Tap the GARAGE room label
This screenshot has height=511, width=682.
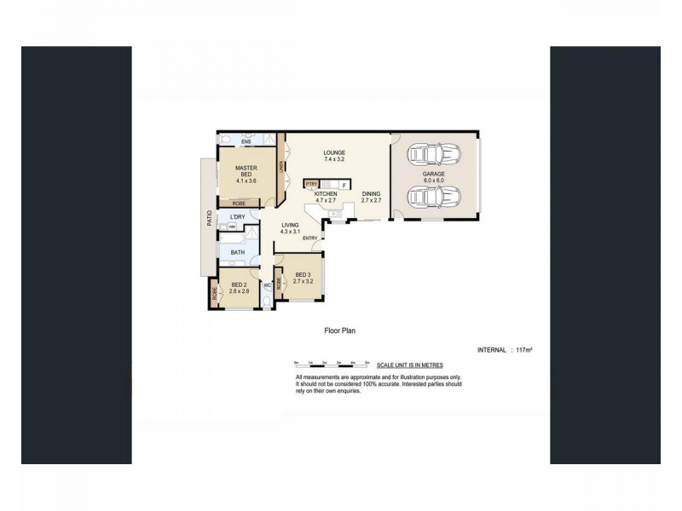tap(435, 174)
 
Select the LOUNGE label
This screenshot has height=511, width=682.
tap(334, 153)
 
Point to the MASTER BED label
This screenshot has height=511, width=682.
tap(246, 171)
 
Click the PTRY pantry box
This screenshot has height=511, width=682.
tap(311, 184)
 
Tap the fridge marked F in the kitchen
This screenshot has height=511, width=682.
tap(344, 185)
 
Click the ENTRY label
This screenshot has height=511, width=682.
tap(309, 238)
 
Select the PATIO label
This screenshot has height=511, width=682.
tap(207, 218)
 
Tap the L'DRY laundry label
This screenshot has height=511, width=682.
tap(237, 218)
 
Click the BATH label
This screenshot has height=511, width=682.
tap(237, 252)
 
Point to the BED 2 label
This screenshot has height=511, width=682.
tap(239, 284)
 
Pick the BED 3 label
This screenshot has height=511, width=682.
tap(303, 275)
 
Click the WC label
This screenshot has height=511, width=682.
tap(268, 285)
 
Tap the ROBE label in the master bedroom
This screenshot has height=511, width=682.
tap(240, 204)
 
